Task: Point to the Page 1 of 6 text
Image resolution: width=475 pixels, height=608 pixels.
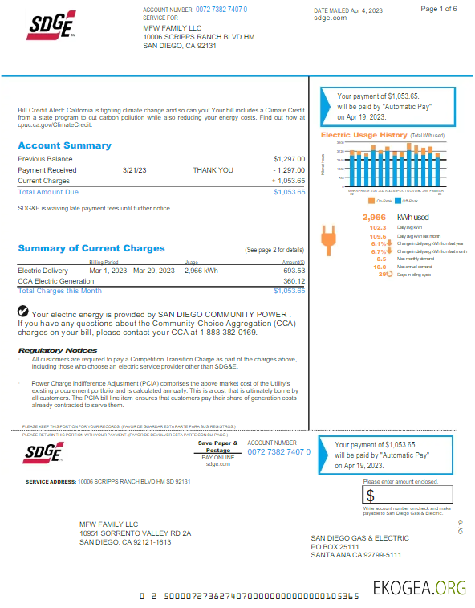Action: [x=439, y=9]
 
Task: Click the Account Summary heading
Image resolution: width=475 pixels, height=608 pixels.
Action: [x=64, y=145]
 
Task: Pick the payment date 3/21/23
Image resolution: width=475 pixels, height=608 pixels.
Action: [x=134, y=170]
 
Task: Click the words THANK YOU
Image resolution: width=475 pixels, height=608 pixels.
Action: [x=213, y=170]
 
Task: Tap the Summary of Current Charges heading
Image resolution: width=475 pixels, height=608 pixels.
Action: [x=91, y=248]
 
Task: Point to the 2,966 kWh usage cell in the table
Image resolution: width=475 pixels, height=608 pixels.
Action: [x=201, y=271]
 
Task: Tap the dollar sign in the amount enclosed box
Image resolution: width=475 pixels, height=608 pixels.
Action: [x=371, y=496]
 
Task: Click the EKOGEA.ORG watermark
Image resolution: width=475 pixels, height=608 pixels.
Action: [x=418, y=588]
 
